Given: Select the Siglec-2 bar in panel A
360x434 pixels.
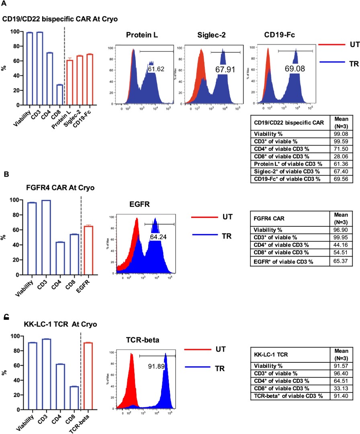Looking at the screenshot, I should (80, 80).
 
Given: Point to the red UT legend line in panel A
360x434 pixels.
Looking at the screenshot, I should (331, 45).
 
